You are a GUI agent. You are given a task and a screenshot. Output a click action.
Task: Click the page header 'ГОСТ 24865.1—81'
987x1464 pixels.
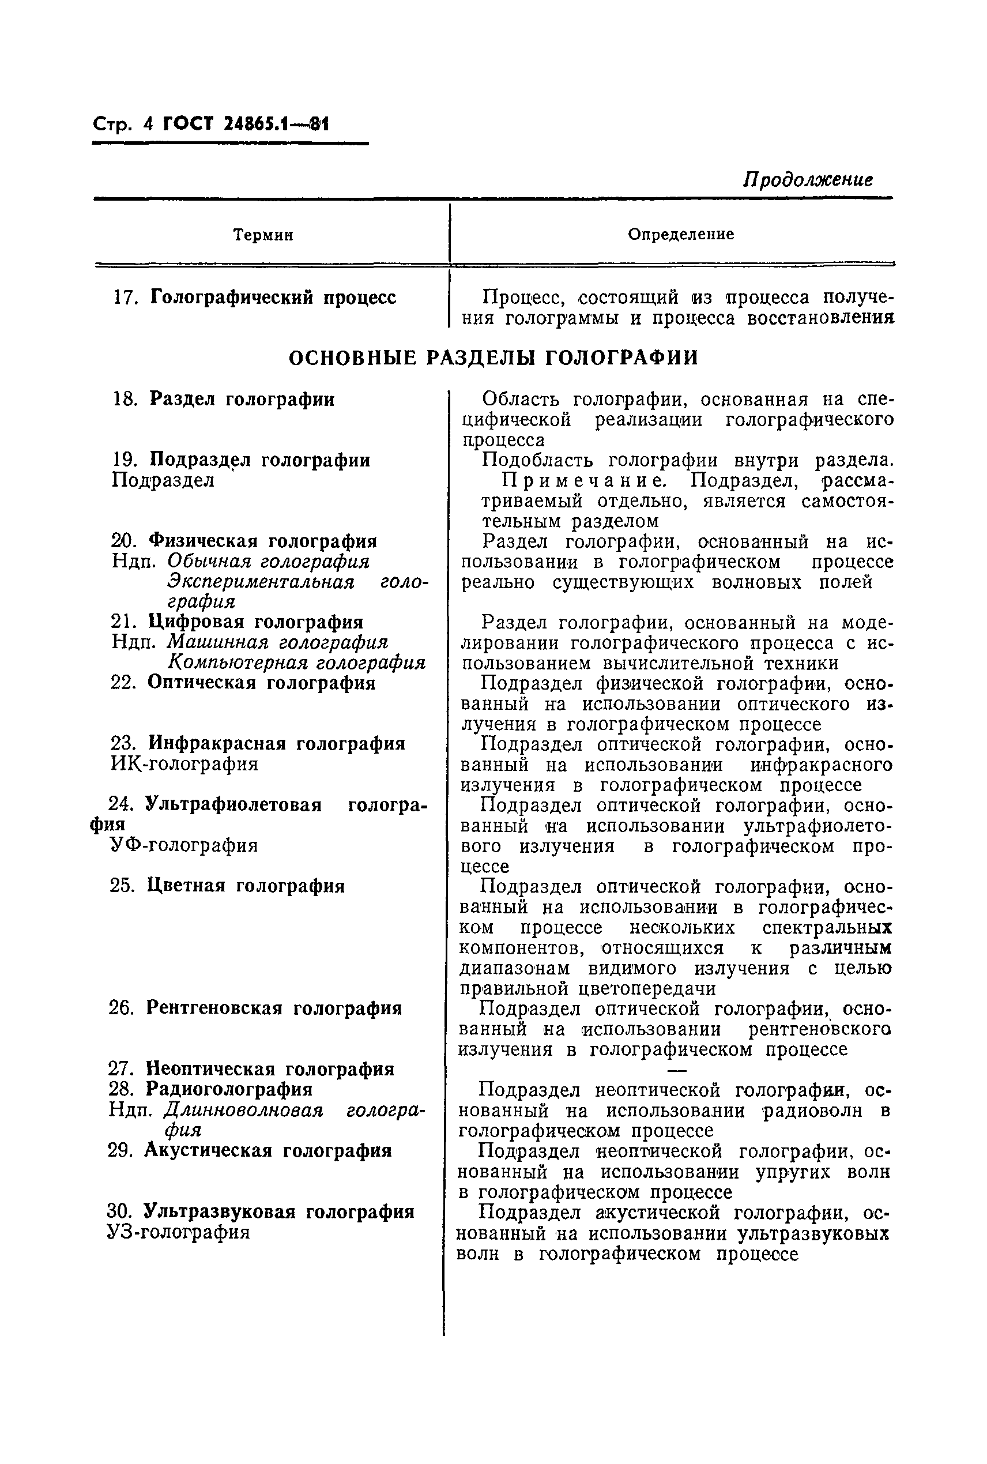point(246,124)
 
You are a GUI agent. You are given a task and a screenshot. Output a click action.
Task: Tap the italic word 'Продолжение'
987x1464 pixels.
point(808,180)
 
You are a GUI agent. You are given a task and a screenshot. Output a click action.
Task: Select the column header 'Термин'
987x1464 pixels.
point(263,235)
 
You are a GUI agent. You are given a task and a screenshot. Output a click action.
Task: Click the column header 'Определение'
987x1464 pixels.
point(680,235)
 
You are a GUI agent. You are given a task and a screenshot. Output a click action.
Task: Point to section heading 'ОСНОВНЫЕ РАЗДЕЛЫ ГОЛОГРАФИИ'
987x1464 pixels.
point(493,358)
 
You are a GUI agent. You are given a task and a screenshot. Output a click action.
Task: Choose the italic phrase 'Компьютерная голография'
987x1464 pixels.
point(296,663)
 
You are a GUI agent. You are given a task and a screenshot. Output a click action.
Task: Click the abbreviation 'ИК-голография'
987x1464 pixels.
point(184,764)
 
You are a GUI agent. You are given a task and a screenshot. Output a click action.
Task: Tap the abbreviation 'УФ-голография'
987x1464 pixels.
point(184,845)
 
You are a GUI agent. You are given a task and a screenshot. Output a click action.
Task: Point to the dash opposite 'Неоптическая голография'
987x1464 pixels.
point(677,1070)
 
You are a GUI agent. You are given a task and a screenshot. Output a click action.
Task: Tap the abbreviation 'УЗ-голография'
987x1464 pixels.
point(179,1232)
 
